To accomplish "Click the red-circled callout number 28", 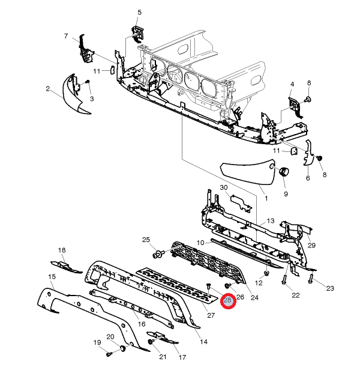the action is [x=227, y=300].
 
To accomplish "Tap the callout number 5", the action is [x=139, y=13].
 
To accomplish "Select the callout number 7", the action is [x=66, y=36].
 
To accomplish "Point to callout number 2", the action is [x=48, y=89].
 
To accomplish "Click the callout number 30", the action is [x=224, y=187].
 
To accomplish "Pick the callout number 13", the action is [x=271, y=220].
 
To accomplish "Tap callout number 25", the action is [x=146, y=240].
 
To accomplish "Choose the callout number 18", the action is [x=62, y=250].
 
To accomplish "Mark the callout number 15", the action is [x=52, y=276].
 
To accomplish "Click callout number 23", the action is [x=330, y=288].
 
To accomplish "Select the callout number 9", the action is [x=286, y=194].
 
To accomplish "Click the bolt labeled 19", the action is [x=109, y=354].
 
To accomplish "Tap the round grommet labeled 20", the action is [x=123, y=348].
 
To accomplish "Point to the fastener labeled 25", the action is [x=158, y=254].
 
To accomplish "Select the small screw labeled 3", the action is [x=88, y=82].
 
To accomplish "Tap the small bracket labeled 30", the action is [x=241, y=203].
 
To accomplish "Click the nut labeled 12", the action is [x=266, y=273].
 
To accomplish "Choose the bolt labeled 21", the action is [x=151, y=341].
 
